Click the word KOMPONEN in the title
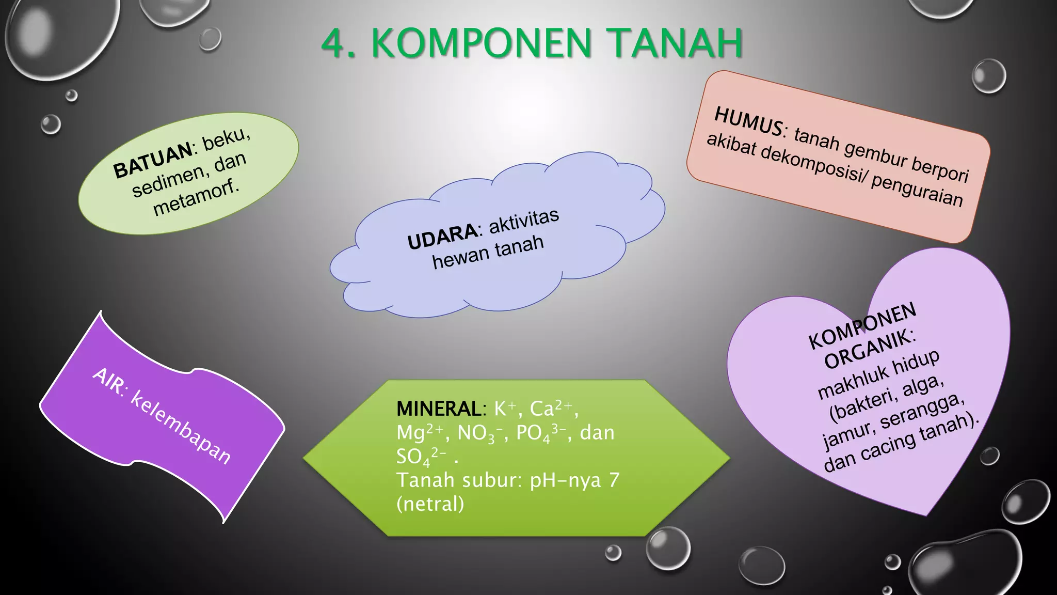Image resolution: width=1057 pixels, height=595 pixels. [481, 43]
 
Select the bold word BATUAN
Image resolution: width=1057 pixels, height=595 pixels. [153, 161]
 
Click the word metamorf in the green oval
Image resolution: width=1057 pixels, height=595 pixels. [196, 199]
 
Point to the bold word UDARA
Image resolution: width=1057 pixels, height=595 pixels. [443, 236]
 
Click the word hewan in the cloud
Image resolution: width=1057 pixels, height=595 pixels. [461, 257]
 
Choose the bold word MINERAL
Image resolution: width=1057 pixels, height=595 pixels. [439, 409]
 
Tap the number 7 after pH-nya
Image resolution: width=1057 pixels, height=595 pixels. [614, 480]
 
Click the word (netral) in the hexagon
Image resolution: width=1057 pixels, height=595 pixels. [430, 504]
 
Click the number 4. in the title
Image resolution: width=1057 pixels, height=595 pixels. [338, 43]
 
